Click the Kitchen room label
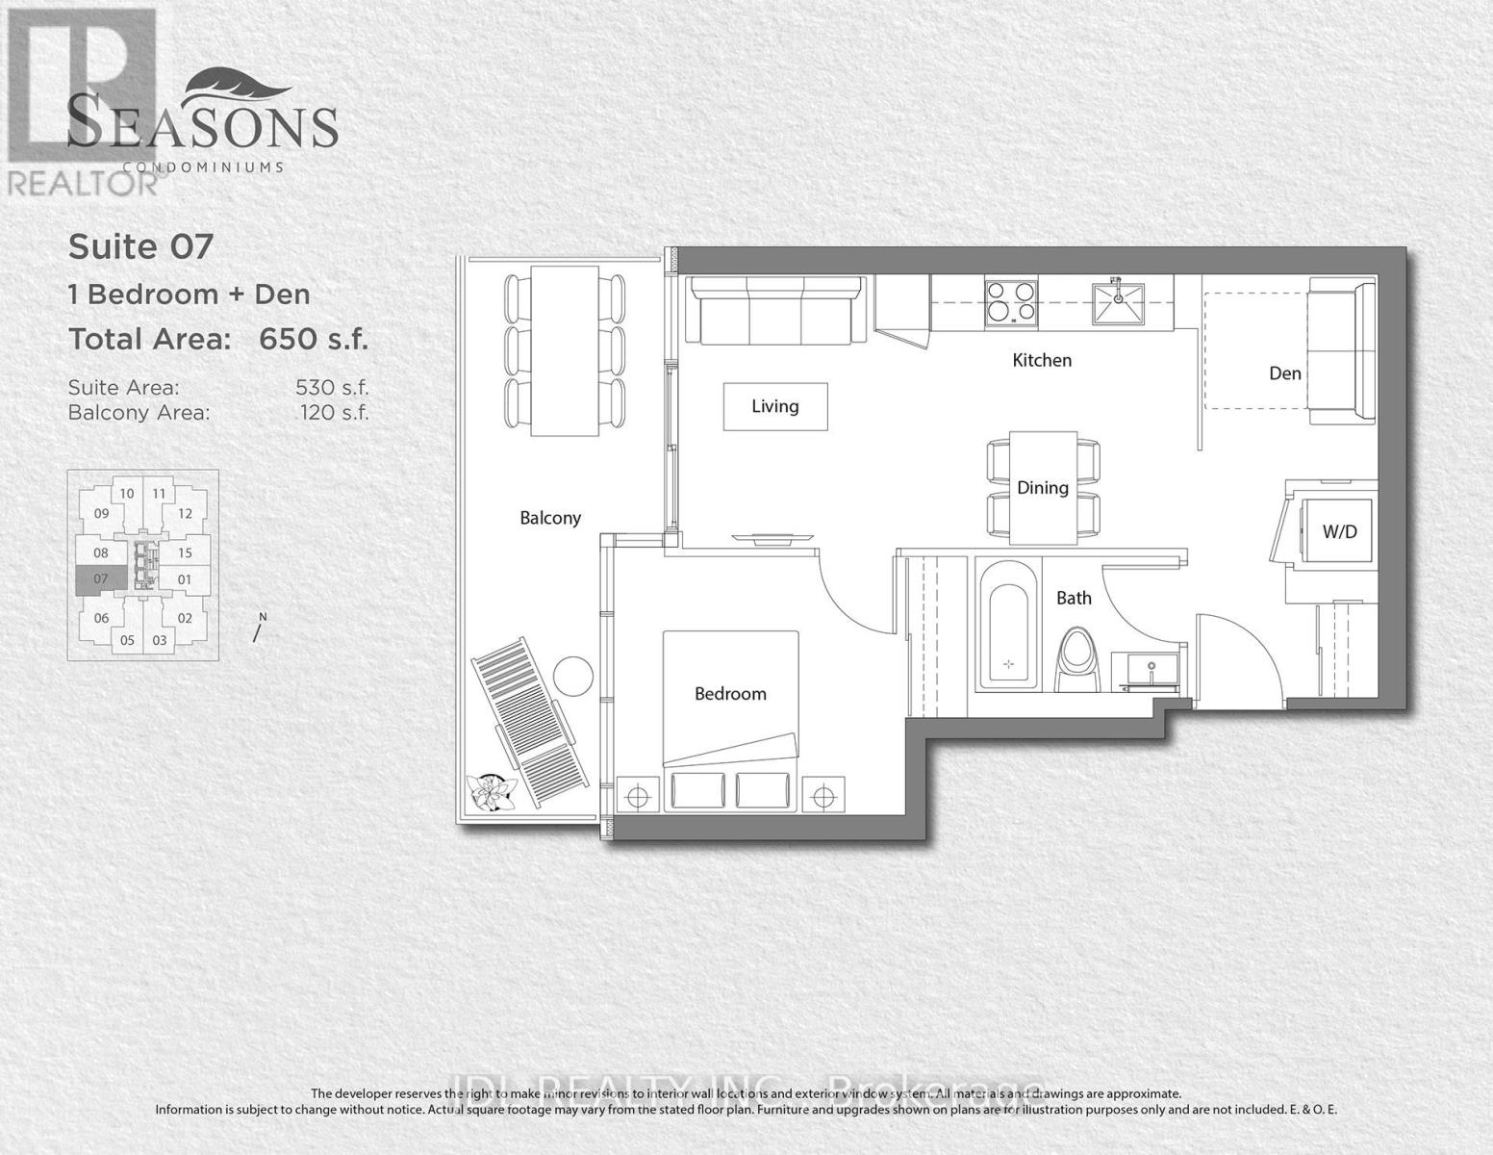[x=1042, y=360]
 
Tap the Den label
[x=1284, y=373]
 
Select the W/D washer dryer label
[x=1339, y=531]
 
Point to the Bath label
[x=1074, y=598]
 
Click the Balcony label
[x=550, y=518]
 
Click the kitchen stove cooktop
[x=1010, y=301]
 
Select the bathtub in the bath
[x=1008, y=636]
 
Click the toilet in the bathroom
[x=1075, y=658]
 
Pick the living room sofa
[x=774, y=310]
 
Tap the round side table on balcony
[x=575, y=675]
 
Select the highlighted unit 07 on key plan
[x=101, y=579]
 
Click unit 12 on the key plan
[x=186, y=514]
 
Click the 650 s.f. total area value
[x=314, y=340]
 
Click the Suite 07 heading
[x=140, y=247]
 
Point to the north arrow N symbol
[x=258, y=629]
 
